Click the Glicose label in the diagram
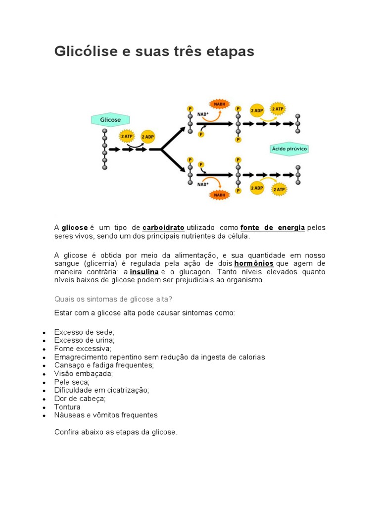click(x=110, y=120)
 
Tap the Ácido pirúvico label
click(x=289, y=149)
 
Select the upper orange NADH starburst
click(x=219, y=104)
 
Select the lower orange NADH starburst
click(x=219, y=195)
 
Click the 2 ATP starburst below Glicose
click(x=126, y=136)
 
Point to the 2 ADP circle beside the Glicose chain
click(x=147, y=137)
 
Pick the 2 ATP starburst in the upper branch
click(x=277, y=109)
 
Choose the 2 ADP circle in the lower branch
click(x=257, y=188)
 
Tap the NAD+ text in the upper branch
click(x=203, y=114)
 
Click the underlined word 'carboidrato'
click(x=163, y=227)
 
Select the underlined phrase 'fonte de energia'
click(x=273, y=227)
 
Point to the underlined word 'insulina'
click(x=144, y=272)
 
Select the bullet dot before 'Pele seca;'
click(x=45, y=383)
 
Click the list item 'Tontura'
click(x=67, y=407)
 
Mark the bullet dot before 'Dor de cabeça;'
click(x=45, y=399)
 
